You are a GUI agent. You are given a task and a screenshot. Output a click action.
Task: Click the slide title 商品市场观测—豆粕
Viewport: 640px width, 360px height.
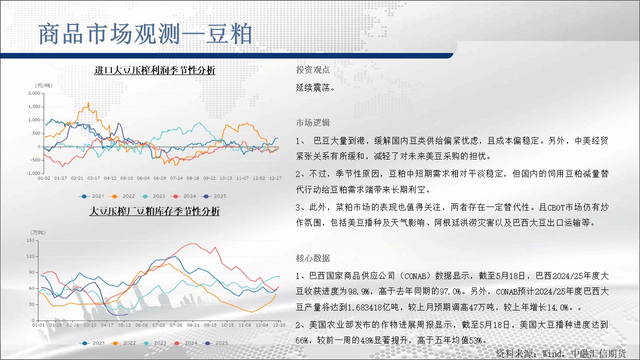click(x=145, y=34)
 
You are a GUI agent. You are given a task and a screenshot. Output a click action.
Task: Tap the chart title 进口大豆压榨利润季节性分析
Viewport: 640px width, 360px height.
click(x=155, y=70)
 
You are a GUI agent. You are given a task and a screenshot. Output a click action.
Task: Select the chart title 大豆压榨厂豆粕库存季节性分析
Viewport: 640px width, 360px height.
click(x=154, y=211)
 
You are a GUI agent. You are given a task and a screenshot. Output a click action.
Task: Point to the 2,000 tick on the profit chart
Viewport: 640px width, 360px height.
click(x=34, y=93)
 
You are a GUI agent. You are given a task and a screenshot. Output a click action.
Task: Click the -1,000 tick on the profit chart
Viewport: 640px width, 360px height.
click(x=33, y=173)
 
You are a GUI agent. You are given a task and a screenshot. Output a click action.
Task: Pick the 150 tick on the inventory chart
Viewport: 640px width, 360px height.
click(x=30, y=240)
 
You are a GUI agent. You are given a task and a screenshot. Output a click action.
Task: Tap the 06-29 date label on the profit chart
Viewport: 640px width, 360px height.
click(x=159, y=178)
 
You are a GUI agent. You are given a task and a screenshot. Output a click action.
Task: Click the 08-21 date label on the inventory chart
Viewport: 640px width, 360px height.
click(x=193, y=325)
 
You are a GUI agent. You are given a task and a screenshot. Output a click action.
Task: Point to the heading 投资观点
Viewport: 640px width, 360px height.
click(x=313, y=69)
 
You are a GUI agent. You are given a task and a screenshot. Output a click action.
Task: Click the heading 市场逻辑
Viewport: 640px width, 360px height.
click(x=313, y=122)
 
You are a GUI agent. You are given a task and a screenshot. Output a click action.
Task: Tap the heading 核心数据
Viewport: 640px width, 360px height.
click(x=313, y=258)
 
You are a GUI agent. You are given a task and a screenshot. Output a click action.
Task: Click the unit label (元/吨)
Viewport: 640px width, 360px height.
click(x=43, y=85)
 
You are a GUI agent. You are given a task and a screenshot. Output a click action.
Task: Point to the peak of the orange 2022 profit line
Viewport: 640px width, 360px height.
click(x=88, y=102)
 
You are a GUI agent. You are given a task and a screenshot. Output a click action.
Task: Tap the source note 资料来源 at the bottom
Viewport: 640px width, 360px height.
click(x=560, y=353)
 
